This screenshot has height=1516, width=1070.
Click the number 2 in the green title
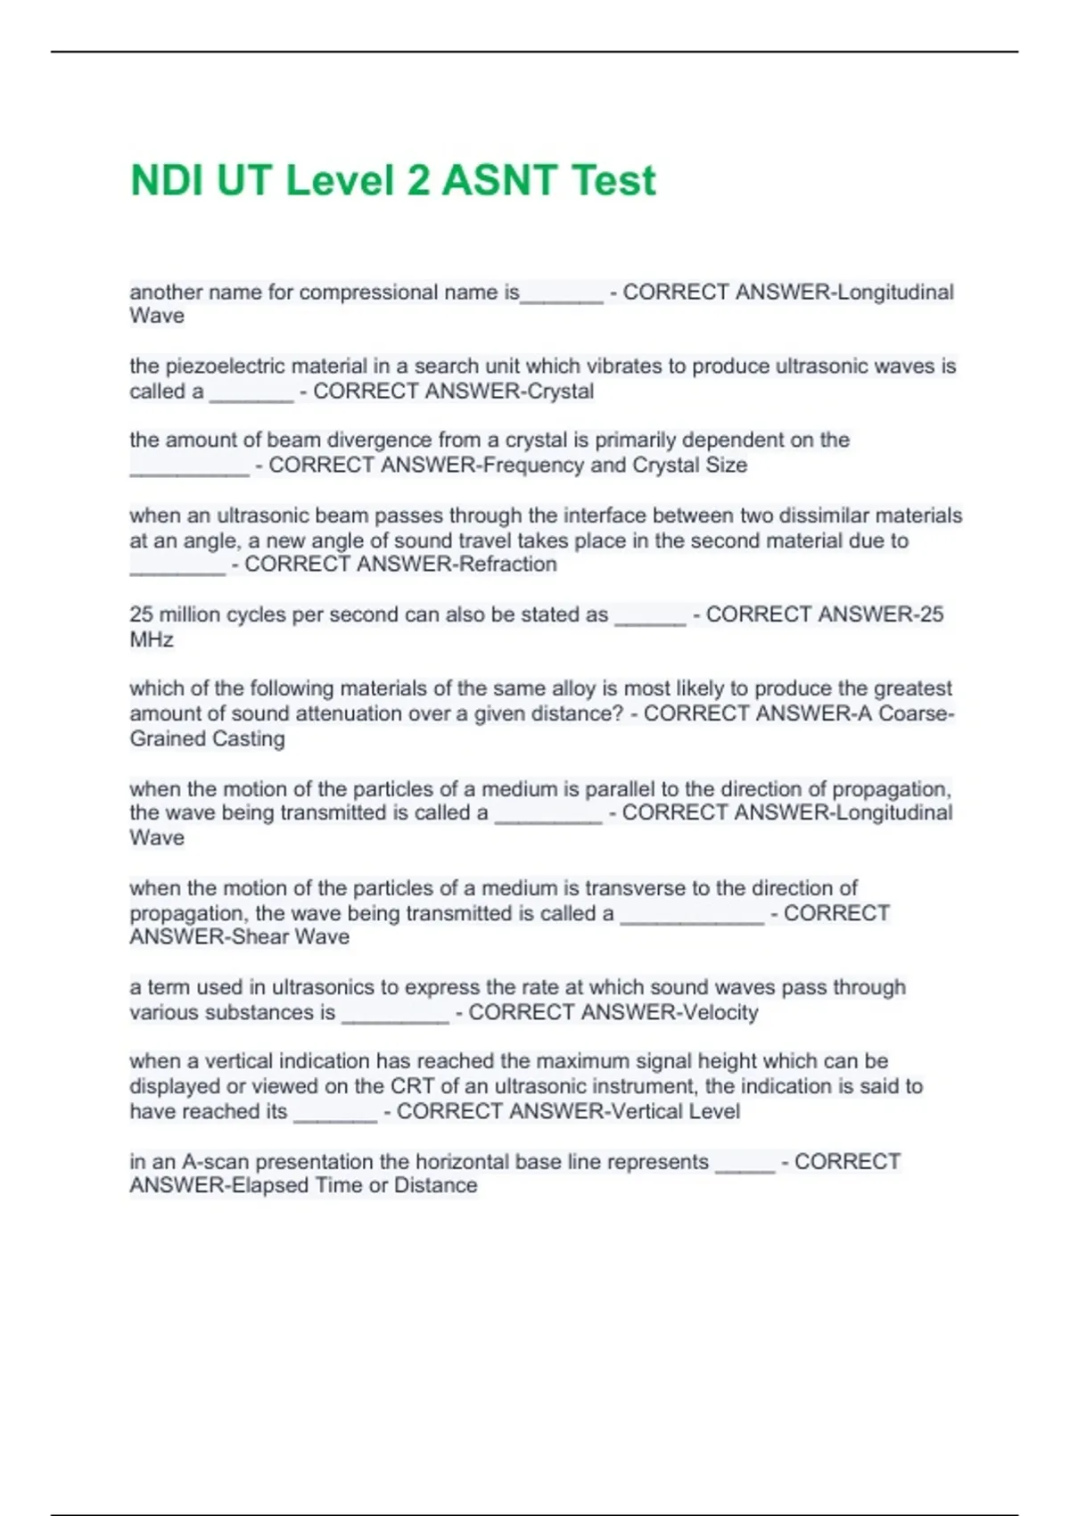click(416, 181)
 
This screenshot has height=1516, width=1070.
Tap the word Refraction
click(507, 564)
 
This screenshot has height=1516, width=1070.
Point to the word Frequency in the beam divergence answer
click(531, 466)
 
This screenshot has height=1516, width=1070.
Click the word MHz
click(152, 640)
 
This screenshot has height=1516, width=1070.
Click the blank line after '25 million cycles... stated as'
click(650, 615)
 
